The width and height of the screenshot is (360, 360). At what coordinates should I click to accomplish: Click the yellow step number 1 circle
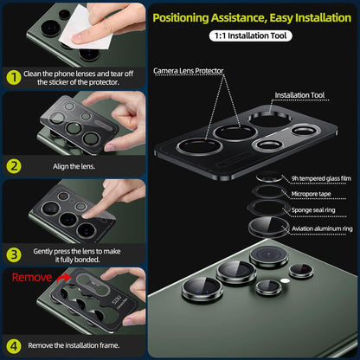pyautogui.click(x=14, y=77)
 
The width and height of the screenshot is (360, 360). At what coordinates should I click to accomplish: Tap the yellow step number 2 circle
pyautogui.click(x=14, y=166)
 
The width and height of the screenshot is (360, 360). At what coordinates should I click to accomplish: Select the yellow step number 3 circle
pyautogui.click(x=14, y=255)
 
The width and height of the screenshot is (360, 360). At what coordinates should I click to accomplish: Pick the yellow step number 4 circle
pyautogui.click(x=14, y=346)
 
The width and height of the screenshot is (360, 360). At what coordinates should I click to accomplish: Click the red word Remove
pyautogui.click(x=32, y=278)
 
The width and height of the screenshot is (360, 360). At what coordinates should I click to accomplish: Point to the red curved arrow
pyautogui.click(x=63, y=278)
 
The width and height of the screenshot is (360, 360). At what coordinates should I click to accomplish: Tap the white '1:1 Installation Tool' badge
pyautogui.click(x=250, y=35)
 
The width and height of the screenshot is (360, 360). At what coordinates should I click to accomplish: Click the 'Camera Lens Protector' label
pyautogui.click(x=188, y=71)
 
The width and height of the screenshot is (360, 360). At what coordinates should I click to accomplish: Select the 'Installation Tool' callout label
pyautogui.click(x=299, y=95)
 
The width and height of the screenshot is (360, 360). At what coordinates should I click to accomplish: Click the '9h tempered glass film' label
pyautogui.click(x=321, y=178)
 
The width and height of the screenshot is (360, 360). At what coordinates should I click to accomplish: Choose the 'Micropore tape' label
pyautogui.click(x=311, y=194)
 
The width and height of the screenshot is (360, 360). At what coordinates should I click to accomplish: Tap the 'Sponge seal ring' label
pyautogui.click(x=313, y=210)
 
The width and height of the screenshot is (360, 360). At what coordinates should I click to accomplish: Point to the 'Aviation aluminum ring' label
pyautogui.click(x=322, y=228)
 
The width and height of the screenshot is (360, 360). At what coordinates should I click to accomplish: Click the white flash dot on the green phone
pyautogui.click(x=285, y=280)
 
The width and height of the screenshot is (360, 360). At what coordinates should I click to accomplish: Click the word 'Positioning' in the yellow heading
pyautogui.click(x=181, y=18)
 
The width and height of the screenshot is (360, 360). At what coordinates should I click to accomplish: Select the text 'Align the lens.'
pyautogui.click(x=74, y=166)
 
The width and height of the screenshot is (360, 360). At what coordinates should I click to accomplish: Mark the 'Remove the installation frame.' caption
pyautogui.click(x=74, y=345)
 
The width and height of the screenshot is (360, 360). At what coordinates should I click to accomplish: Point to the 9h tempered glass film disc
pyautogui.click(x=269, y=177)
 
